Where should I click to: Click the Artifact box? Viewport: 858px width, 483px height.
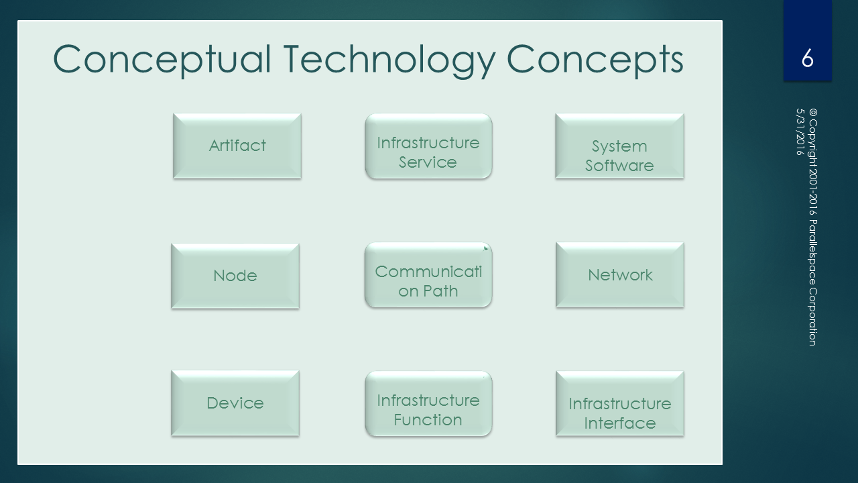click(237, 146)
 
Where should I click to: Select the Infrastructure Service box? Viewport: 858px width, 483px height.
click(428, 146)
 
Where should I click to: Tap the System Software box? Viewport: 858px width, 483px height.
click(619, 146)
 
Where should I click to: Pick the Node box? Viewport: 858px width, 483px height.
click(235, 276)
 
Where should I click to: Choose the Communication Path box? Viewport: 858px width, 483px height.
click(428, 275)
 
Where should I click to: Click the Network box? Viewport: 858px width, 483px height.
click(620, 274)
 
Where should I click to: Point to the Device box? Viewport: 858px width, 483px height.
click(235, 403)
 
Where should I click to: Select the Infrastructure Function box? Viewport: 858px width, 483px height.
click(428, 404)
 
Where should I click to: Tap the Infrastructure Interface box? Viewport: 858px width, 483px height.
click(620, 403)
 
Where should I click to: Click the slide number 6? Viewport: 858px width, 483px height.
click(808, 58)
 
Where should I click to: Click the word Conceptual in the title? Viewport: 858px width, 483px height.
click(162, 60)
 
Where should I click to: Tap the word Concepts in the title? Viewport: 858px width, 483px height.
click(595, 60)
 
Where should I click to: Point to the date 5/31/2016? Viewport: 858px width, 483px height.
click(800, 132)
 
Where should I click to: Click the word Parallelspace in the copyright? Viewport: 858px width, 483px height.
click(813, 252)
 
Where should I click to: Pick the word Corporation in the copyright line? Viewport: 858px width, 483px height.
click(813, 317)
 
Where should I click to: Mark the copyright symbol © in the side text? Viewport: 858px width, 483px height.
click(813, 113)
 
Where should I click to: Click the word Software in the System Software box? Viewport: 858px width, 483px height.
click(619, 166)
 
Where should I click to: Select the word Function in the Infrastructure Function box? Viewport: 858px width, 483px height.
click(428, 420)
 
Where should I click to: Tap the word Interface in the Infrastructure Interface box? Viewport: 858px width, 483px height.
click(620, 423)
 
